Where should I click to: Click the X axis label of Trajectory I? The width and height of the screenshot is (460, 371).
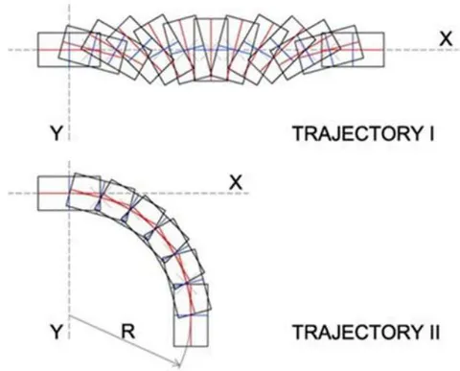pos(446,39)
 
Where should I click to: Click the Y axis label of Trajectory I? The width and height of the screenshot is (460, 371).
pos(56,133)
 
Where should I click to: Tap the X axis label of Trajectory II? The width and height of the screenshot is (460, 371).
pos(236,183)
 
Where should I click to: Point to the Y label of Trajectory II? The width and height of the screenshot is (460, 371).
pos(56,332)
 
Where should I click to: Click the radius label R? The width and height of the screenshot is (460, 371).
pos(128,332)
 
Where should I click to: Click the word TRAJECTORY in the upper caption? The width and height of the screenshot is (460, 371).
pos(356,133)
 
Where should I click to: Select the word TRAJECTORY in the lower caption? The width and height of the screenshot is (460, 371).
pos(356,333)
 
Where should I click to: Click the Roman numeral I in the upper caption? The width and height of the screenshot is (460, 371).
pos(431,133)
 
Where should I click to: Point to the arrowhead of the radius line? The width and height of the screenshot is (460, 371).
pos(178,363)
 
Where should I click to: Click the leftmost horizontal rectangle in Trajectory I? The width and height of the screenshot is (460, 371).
pos(69,50)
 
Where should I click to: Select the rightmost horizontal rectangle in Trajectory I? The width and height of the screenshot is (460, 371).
pos(353,50)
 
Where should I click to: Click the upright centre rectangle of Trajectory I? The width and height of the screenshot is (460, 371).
pos(211,49)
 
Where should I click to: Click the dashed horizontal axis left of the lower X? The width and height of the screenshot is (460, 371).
pos(127,193)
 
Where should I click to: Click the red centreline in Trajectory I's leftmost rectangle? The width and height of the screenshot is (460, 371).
pos(69,50)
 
